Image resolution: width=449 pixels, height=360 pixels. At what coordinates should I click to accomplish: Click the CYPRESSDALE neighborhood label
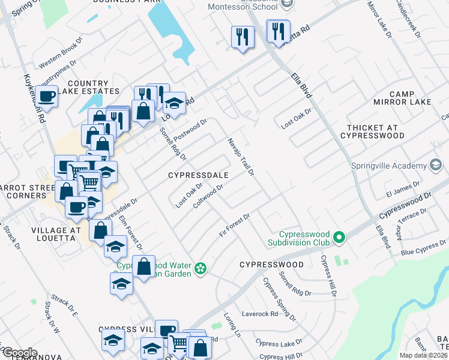pos(199,175)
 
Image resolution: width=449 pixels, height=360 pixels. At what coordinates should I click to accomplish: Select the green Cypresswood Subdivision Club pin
pos(339,238)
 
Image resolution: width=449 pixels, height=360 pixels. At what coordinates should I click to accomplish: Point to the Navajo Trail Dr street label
pos(241,157)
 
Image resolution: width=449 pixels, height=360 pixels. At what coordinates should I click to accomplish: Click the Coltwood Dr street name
pos(208,197)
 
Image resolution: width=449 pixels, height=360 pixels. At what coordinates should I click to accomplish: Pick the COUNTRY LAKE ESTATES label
pos(93,87)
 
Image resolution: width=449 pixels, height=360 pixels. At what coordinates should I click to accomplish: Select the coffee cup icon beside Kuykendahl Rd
pos(46,96)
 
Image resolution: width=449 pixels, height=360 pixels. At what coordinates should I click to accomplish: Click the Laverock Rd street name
pos(260,313)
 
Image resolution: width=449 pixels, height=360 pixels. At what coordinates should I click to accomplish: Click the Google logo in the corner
pos(19,353)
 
